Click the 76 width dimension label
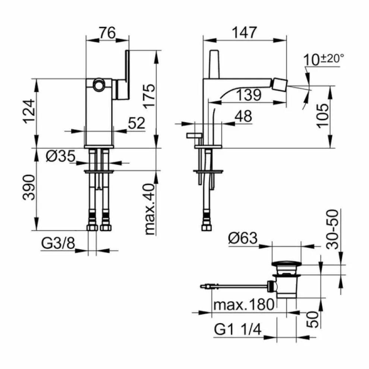coord(107,33)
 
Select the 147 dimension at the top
coord(245,32)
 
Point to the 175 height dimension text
coord(148,96)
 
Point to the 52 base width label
coord(136,123)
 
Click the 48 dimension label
coord(243,116)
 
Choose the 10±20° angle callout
coord(323,59)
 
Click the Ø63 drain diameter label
coord(243,237)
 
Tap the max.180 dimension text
coord(244,305)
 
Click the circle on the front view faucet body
coord(99,85)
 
